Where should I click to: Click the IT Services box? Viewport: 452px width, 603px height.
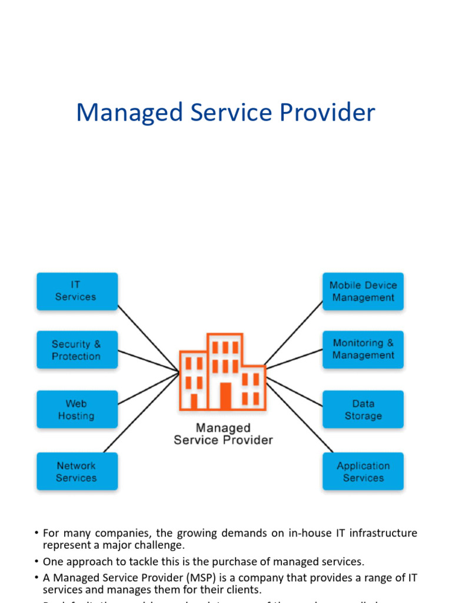pos(77,291)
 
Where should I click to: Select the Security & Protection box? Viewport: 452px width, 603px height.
pos(77,350)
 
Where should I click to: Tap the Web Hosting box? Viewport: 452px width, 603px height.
pos(77,409)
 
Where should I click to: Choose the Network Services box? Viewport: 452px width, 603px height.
pos(77,471)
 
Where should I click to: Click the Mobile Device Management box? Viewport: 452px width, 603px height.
pos(363,291)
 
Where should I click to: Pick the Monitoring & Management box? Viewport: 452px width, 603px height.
pos(363,349)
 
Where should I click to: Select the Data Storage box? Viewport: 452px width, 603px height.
pos(363,409)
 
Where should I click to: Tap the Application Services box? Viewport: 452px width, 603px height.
pos(363,471)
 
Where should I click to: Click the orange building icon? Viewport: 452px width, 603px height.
pos(222,371)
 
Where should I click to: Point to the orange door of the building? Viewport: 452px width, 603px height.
pos(225,396)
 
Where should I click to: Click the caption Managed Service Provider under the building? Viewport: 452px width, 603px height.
pos(223,434)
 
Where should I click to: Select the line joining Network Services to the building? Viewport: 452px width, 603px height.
pos(141,412)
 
